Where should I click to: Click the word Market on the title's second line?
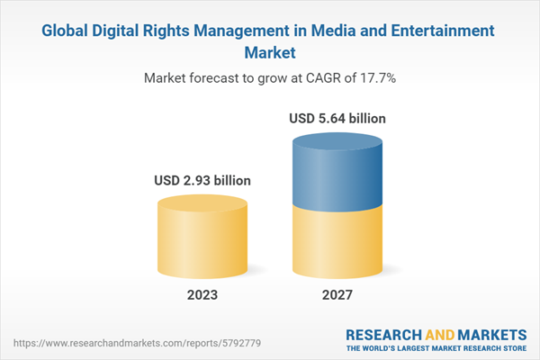270,52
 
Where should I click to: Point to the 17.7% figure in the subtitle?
376,78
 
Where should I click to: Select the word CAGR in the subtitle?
319,78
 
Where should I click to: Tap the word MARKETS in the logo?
491,330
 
